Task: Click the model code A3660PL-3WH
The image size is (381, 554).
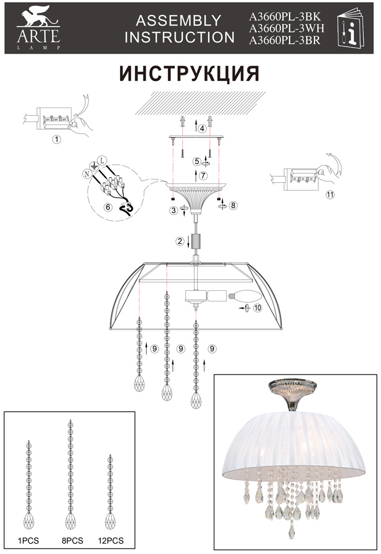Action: [x=286, y=28]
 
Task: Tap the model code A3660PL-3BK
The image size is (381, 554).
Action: [x=285, y=17]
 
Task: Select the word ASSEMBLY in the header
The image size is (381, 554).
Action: [x=179, y=20]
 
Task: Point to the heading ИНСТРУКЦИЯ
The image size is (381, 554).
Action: [x=189, y=74]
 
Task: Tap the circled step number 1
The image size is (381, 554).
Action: [x=56, y=139]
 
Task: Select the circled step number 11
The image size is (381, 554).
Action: [x=330, y=194]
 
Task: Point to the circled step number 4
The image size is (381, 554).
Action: [x=202, y=129]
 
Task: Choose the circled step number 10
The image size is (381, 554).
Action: [x=258, y=307]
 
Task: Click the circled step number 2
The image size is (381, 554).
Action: [x=180, y=242]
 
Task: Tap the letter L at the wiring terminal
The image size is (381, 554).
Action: [x=102, y=161]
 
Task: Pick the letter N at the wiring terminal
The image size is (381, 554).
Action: [x=86, y=173]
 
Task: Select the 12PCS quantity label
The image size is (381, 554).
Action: [x=111, y=541]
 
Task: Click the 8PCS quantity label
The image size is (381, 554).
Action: [x=73, y=541]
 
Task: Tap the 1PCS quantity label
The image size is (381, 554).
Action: [x=29, y=541]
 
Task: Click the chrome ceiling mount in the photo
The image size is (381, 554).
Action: [x=291, y=394]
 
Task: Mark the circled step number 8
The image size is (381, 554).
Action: [x=233, y=205]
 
